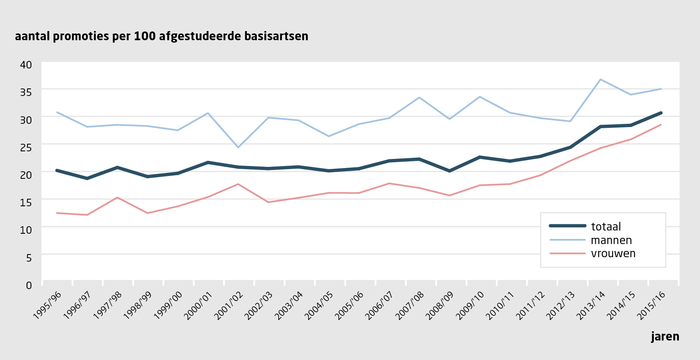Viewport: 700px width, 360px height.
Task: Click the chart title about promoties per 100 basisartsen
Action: (161, 36)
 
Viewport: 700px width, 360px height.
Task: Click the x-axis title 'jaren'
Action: (665, 337)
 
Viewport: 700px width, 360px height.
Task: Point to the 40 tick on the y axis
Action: (26, 65)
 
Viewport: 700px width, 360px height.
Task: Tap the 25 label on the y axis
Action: (26, 147)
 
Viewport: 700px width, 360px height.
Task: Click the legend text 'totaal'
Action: (606, 227)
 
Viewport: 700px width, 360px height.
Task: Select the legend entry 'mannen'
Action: (611, 240)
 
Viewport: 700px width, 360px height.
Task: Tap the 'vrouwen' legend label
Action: (613, 253)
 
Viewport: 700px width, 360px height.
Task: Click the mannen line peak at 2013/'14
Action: (600, 79)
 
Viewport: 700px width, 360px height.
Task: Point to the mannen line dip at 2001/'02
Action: (238, 147)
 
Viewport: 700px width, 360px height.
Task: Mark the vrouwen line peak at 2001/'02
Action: (238, 184)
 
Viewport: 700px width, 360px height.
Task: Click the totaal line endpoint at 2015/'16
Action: (661, 113)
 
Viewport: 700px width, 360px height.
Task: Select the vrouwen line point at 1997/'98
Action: (117, 198)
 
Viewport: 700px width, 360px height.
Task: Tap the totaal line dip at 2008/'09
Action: (450, 171)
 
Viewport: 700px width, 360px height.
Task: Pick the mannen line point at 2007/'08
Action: (419, 98)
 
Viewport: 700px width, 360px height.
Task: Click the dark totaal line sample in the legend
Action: (567, 226)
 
